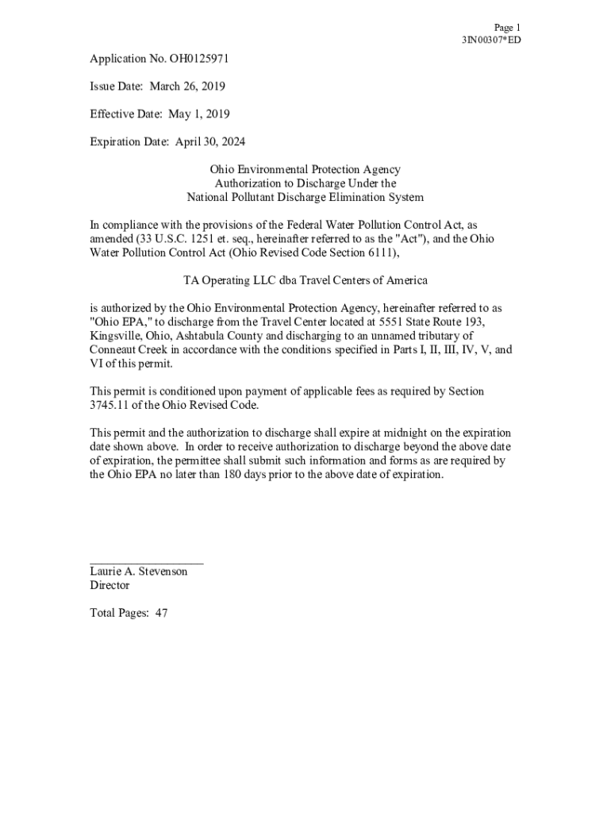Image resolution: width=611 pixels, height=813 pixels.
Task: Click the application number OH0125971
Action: [195, 58]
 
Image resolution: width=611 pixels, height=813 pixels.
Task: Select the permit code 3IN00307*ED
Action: [491, 40]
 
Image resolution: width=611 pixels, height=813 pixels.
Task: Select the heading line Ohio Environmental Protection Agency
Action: [305, 169]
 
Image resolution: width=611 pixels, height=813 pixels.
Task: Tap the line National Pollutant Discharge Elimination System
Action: [305, 197]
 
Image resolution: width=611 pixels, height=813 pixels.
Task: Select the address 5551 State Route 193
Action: [425, 322]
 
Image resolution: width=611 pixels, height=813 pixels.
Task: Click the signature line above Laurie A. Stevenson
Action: [147, 562]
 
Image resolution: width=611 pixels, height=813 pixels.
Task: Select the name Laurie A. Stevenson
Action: [139, 572]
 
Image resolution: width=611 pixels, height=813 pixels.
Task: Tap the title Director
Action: [110, 585]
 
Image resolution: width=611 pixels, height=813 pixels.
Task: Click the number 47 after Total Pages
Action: [161, 613]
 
